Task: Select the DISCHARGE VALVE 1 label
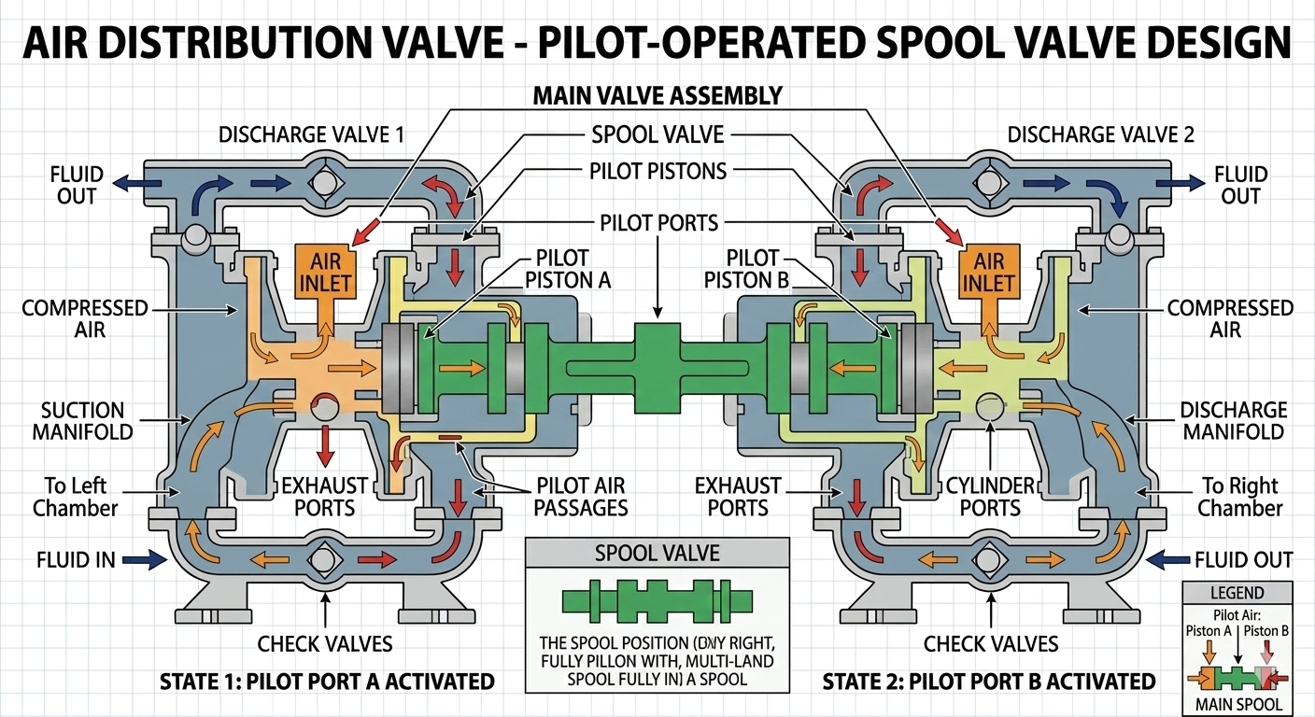pyautogui.click(x=311, y=134)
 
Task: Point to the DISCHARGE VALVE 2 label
pyautogui.click(x=1100, y=134)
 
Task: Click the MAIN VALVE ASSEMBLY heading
pyautogui.click(x=657, y=95)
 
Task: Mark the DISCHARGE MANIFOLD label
pyautogui.click(x=1233, y=420)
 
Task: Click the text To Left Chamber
pyautogui.click(x=76, y=497)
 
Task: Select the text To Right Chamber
pyautogui.click(x=1240, y=497)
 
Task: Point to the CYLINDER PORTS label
pyautogui.click(x=990, y=497)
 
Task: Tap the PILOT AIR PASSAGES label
pyautogui.click(x=582, y=497)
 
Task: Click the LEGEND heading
pyautogui.click(x=1237, y=593)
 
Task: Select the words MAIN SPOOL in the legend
pyautogui.click(x=1237, y=703)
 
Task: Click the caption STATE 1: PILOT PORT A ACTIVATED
pyautogui.click(x=326, y=681)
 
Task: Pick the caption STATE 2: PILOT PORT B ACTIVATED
pyautogui.click(x=989, y=681)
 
